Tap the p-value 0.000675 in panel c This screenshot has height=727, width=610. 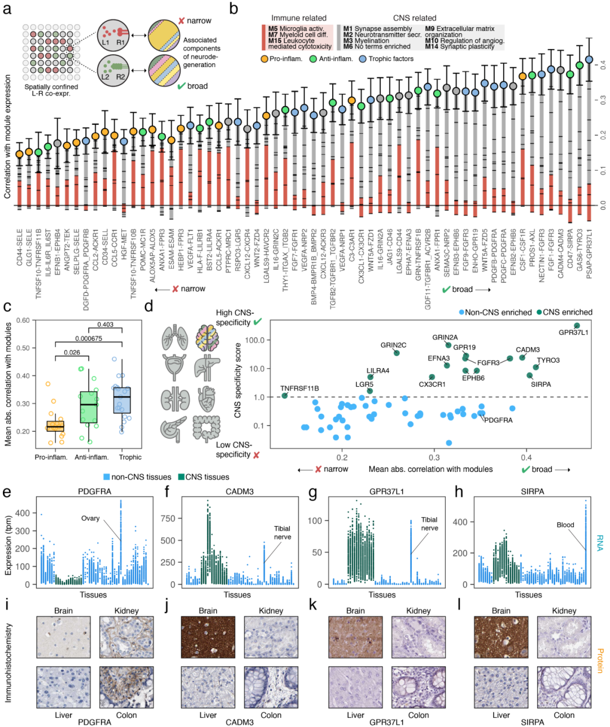89,339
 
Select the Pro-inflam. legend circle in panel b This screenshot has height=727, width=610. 264,59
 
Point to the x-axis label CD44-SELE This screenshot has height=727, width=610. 20,252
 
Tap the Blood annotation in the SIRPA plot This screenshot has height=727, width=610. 565,525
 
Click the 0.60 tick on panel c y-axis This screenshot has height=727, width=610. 22,321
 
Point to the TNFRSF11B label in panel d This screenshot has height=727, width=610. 299,388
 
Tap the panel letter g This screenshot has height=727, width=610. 314,492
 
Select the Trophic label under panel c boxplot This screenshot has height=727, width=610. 130,457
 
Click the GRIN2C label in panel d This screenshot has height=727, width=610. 393,345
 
